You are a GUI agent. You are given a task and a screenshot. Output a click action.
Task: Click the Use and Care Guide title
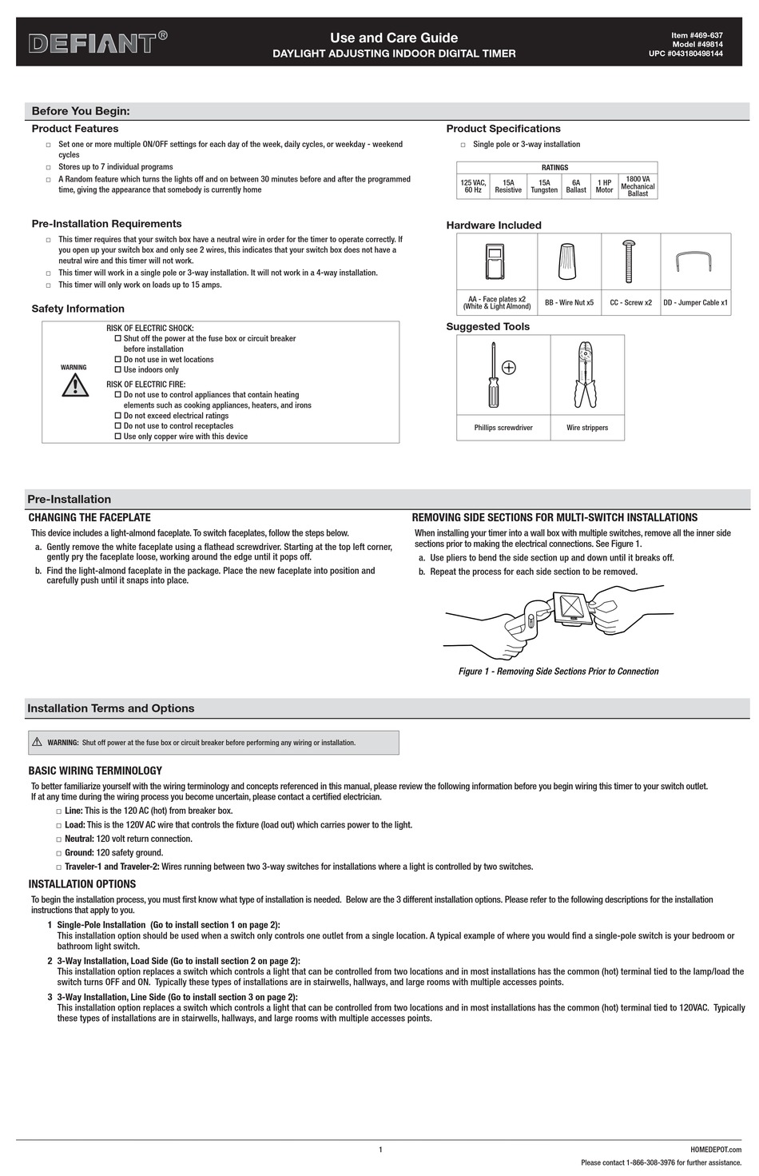pos(394,38)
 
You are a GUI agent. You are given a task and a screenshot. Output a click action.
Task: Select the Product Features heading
pos(75,129)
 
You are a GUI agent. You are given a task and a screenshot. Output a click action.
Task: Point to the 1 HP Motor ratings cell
pos(604,186)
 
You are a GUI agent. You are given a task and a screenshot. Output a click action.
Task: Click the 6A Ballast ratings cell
pos(576,186)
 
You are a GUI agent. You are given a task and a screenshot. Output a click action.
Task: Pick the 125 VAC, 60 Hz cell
pos(473,186)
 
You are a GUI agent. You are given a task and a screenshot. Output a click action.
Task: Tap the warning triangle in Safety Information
pos(74,385)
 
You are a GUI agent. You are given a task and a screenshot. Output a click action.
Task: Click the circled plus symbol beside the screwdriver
pos(509,368)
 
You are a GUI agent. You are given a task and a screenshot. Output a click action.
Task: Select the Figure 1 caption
pos(558,672)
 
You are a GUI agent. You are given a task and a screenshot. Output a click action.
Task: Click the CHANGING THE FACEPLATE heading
pos(89,518)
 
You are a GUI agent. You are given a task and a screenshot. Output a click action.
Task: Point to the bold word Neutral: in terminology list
pos(79,839)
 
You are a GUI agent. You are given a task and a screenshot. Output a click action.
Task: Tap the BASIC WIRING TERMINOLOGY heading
pos(95,771)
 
